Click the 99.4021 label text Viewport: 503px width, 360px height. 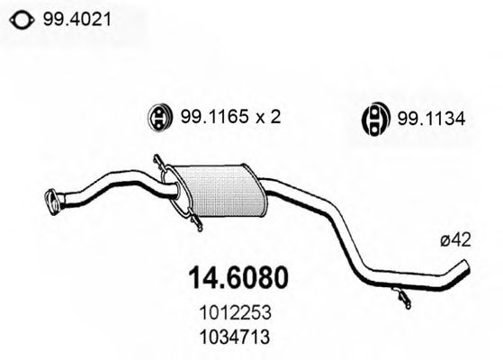coord(70,16)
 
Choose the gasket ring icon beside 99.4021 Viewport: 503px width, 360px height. coord(22,17)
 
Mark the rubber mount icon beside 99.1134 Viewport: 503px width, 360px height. coord(373,118)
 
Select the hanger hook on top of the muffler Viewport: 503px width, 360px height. coord(162,165)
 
